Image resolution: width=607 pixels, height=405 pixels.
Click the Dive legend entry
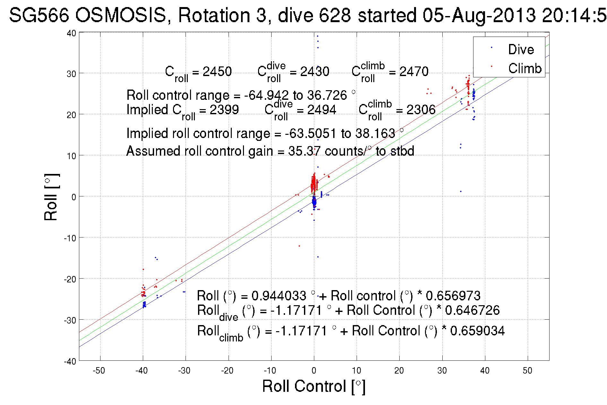pyautogui.click(x=521, y=49)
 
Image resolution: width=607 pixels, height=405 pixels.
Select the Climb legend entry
pyautogui.click(x=525, y=68)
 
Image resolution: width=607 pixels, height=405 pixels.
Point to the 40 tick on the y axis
pyautogui.click(x=71, y=33)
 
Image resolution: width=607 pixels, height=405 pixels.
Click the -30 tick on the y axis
pyautogui.click(x=70, y=320)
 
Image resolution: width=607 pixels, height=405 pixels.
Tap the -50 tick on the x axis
pyautogui.click(x=99, y=371)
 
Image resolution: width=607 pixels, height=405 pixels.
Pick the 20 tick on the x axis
pyautogui.click(x=399, y=371)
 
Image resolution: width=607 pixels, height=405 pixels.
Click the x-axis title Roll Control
pyautogui.click(x=314, y=386)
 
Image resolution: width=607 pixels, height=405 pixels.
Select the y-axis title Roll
pyautogui.click(x=51, y=197)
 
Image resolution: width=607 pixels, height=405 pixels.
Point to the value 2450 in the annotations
pyautogui.click(x=217, y=71)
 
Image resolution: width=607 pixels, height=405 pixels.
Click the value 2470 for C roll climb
pyautogui.click(x=414, y=71)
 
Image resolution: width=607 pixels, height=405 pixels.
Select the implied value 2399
pyautogui.click(x=224, y=110)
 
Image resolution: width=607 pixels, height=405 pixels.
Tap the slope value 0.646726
pyautogui.click(x=472, y=310)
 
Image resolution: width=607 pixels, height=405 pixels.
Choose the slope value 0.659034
pyautogui.click(x=477, y=331)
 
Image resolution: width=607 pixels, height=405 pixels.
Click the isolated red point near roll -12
pyautogui.click(x=299, y=246)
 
